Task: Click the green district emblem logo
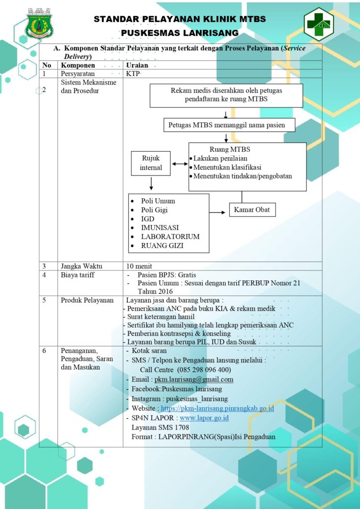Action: (39, 23)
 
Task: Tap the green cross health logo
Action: (318, 24)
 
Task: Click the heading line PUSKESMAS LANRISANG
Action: (180, 33)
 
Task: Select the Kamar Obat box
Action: (253, 209)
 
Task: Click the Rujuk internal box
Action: (151, 163)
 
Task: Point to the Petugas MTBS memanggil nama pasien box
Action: (229, 125)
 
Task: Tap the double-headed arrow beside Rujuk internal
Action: (180, 164)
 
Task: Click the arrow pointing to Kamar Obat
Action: (217, 213)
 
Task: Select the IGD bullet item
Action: (148, 219)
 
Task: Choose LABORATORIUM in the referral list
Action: (170, 237)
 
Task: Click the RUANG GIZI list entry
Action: (162, 246)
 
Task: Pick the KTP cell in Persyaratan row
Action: (133, 74)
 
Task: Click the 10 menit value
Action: (139, 266)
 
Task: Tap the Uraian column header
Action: (137, 65)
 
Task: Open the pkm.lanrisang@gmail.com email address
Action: (194, 379)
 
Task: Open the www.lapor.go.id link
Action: (204, 418)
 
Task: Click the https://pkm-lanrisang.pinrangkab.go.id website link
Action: (217, 408)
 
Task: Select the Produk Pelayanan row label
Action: (88, 300)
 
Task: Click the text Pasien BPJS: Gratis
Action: (167, 274)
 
